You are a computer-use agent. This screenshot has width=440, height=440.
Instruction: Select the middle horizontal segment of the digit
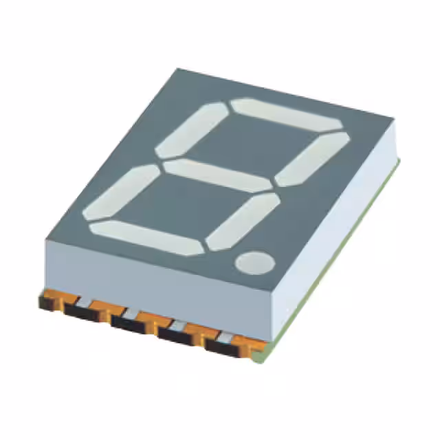218,176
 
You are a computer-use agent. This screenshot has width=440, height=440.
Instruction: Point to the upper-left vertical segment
191,129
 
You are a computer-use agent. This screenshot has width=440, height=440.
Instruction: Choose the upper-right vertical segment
313,158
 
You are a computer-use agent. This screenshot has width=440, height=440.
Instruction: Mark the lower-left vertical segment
121,192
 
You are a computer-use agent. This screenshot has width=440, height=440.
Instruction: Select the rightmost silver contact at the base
226,336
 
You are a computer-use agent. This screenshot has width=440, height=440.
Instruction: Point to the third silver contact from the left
177,324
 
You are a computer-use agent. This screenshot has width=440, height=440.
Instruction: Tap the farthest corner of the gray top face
177,69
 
